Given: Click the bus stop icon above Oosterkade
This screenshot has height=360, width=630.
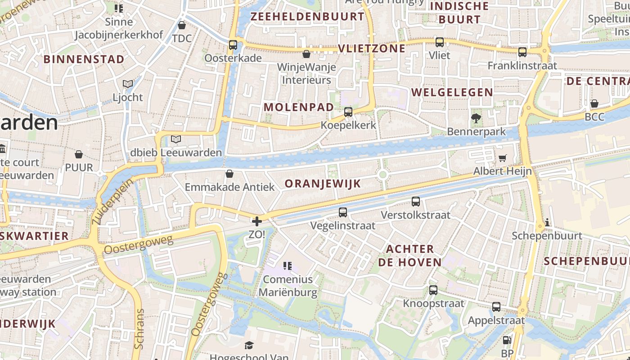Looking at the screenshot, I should pyautogui.click(x=233, y=45).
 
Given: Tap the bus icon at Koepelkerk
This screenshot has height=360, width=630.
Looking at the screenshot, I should pyautogui.click(x=348, y=112).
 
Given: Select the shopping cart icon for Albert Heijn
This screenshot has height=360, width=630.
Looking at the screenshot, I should pyautogui.click(x=502, y=158).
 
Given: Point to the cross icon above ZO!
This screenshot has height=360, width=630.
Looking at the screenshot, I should pyautogui.click(x=256, y=221).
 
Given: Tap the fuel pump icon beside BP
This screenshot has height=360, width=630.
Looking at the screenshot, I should pyautogui.click(x=507, y=341).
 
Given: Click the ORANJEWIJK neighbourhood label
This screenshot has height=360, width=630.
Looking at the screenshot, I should pyautogui.click(x=323, y=184).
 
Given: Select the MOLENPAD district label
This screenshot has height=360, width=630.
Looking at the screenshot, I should pyautogui.click(x=299, y=107).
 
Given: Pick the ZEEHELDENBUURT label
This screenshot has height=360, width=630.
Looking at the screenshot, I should pyautogui.click(x=307, y=17).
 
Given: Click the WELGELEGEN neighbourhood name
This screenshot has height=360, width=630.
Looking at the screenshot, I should pyautogui.click(x=452, y=92).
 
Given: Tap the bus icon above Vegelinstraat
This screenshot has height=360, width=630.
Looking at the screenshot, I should pyautogui.click(x=343, y=212).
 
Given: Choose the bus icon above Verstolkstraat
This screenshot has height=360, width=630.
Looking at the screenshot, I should pyautogui.click(x=415, y=202).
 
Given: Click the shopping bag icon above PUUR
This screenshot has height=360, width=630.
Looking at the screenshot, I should pyautogui.click(x=79, y=155).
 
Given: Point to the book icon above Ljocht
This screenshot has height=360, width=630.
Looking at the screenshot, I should pyautogui.click(x=128, y=84).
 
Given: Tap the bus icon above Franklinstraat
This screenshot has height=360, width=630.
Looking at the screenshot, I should pyautogui.click(x=522, y=52).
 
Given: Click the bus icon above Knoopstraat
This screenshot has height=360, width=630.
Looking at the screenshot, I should pyautogui.click(x=433, y=290).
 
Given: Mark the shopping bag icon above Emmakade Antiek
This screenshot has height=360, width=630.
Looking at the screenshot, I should pyautogui.click(x=229, y=174).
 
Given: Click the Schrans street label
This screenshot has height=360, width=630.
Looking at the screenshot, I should pyautogui.click(x=139, y=328).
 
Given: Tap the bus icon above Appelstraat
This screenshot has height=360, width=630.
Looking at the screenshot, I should pyautogui.click(x=496, y=307).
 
